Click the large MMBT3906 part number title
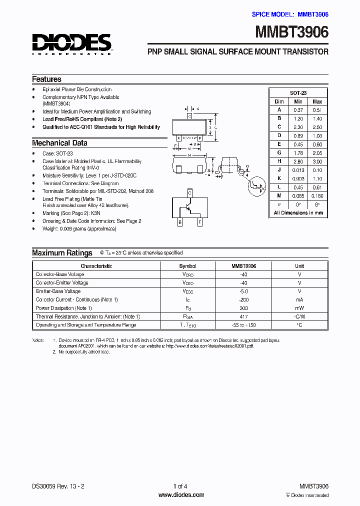coord(292,32)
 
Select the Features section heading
coord(46,79)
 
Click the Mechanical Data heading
coord(59,143)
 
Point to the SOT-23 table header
coord(298,93)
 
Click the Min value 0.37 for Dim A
coord(298,109)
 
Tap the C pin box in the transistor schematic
coord(190,192)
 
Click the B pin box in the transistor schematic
coord(180,223)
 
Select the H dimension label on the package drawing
coord(189,155)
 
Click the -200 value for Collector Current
coord(243,299)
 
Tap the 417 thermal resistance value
coord(243,316)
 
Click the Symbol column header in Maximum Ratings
coord(187,266)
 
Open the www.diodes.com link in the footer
coord(181,495)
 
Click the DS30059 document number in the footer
coord(43,486)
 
